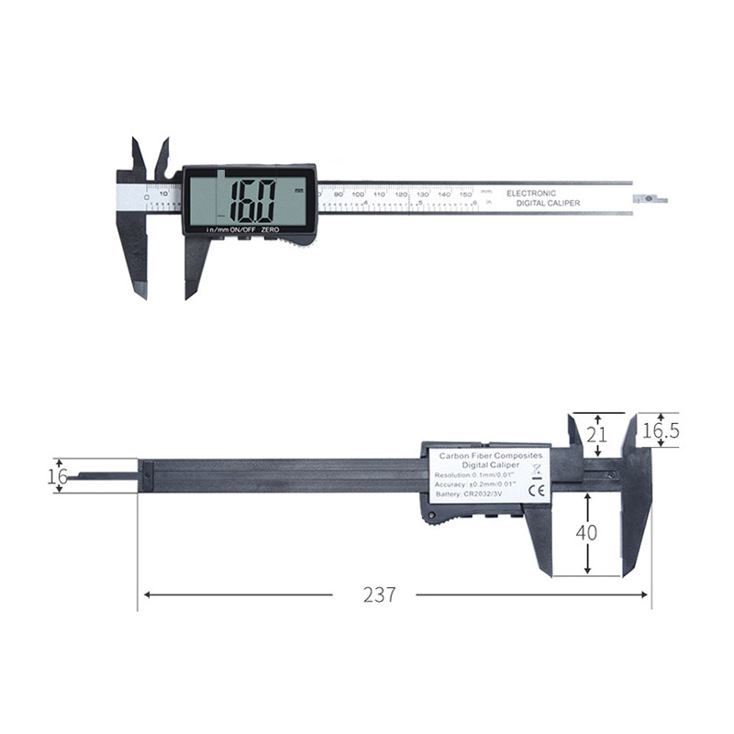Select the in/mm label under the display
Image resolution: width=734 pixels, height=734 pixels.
click(x=217, y=229)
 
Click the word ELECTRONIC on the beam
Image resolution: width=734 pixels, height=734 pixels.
click(x=531, y=193)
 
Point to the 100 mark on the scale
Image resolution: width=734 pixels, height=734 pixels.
click(x=358, y=195)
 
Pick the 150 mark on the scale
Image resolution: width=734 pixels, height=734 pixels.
click(x=466, y=195)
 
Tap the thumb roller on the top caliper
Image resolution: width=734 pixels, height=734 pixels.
click(x=298, y=241)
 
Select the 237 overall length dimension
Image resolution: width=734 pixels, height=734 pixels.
click(x=379, y=595)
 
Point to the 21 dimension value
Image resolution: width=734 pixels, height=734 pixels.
click(x=597, y=435)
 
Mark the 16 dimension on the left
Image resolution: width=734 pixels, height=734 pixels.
click(x=57, y=475)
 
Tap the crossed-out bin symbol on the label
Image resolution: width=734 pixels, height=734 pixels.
click(x=538, y=472)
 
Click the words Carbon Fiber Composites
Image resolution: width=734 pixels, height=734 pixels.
click(x=490, y=455)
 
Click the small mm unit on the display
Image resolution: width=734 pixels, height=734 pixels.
click(x=299, y=191)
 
